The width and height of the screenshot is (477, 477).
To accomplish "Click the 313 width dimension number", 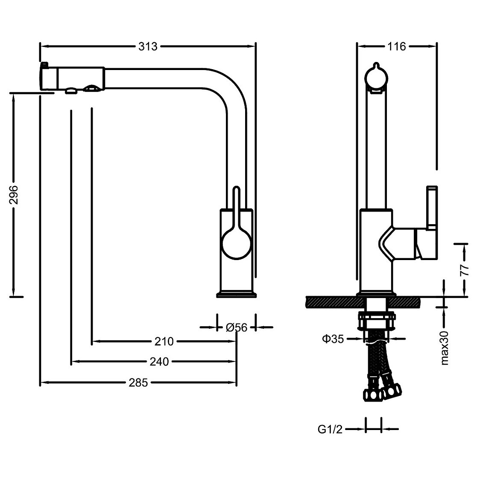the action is pos(148,47).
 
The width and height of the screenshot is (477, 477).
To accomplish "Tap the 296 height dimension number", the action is pos(14,195).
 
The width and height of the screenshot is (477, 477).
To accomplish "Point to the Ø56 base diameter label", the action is pos(237,328).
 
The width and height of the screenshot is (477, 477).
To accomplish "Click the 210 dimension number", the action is pos(164,341).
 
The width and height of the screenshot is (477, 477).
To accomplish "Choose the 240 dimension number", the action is pos(159,362).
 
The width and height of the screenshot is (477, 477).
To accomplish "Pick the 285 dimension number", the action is pos(138,382).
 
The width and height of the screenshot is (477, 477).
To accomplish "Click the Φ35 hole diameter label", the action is pos(333,339).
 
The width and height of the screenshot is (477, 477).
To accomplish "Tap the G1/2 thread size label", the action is pos(330,429).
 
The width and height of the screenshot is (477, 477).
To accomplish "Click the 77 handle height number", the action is pos(465,270).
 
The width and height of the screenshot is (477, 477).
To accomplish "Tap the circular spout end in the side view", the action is pos(376,77).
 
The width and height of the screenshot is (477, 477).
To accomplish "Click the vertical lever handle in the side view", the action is pos(432,207).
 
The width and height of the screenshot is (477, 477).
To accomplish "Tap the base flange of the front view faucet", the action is pos(237,295).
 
